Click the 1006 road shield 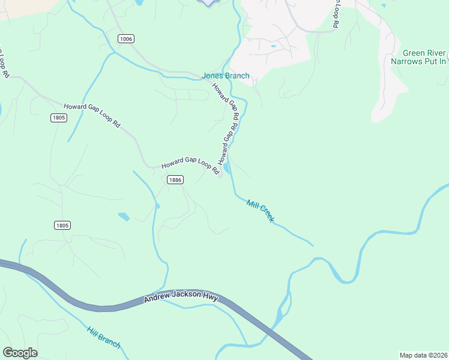(125, 39)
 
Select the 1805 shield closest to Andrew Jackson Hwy (62, 225)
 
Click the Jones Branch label (225, 76)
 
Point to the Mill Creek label (261, 211)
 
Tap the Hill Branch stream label (103, 338)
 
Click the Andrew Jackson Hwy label (181, 298)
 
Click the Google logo (20, 353)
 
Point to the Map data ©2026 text (423, 355)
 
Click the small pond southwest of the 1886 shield (124, 216)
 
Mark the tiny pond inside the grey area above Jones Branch (274, 46)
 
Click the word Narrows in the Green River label (410, 61)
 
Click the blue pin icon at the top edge (207, 2)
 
